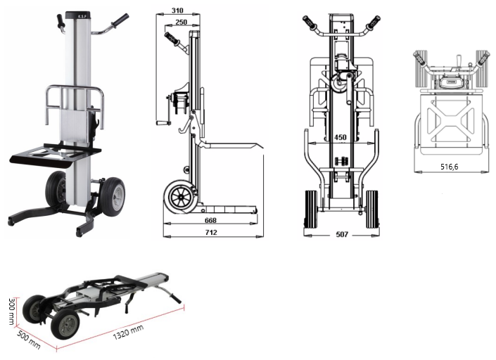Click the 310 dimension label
coord(177,11)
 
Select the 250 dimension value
coord(181,22)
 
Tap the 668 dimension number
coord(210,220)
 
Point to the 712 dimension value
coord(211,232)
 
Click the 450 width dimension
coord(341,137)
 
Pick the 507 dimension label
coord(342,234)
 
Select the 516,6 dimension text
coord(449,167)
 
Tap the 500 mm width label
coord(28,340)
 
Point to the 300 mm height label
coord(12,311)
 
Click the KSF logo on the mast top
coord(77,15)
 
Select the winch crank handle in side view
coord(163,122)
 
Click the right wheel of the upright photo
coord(113,197)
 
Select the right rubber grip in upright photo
coord(121,20)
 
